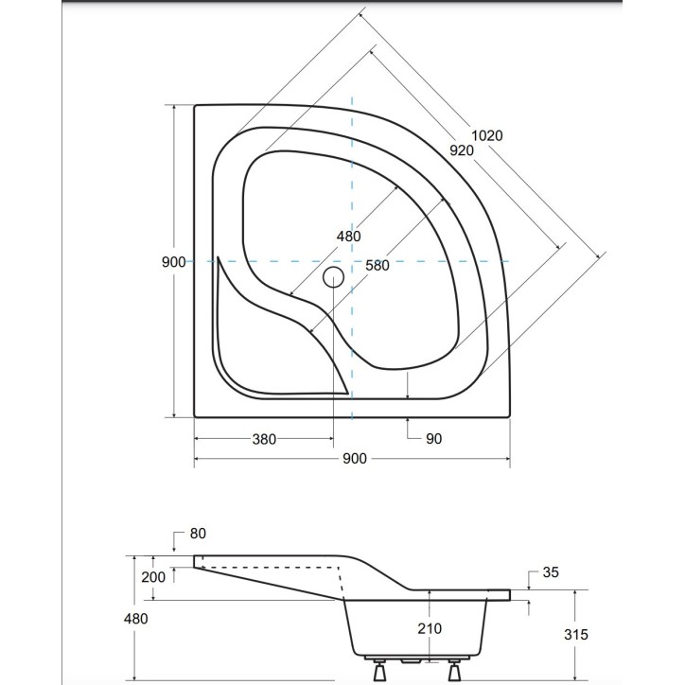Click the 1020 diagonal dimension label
click(x=486, y=135)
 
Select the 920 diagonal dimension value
click(x=462, y=150)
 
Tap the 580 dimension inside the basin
click(x=378, y=266)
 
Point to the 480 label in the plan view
click(x=347, y=237)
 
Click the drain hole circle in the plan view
click(x=333, y=277)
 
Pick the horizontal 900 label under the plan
click(x=354, y=459)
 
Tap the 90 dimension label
click(x=433, y=439)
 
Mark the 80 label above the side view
click(x=197, y=534)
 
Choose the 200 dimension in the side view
click(x=152, y=576)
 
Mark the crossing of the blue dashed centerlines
click(x=352, y=261)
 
